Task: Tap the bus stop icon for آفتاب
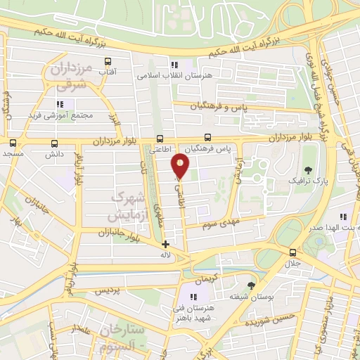click(108, 62)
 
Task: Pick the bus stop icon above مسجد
click(12, 142)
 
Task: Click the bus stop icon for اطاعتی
click(160, 139)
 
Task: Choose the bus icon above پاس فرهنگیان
click(207, 139)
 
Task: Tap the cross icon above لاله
click(165, 245)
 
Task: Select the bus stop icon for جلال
click(292, 253)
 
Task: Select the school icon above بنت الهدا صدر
click(343, 217)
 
